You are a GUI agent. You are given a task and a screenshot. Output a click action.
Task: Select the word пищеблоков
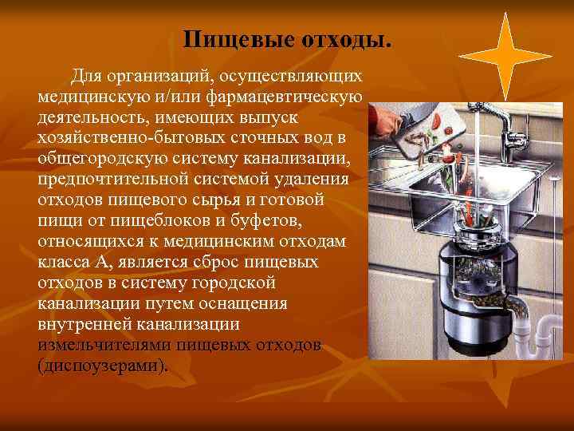tap(159, 220)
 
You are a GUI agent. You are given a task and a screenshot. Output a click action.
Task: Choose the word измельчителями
tap(104, 345)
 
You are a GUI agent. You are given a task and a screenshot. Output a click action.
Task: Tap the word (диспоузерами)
tap(103, 366)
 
